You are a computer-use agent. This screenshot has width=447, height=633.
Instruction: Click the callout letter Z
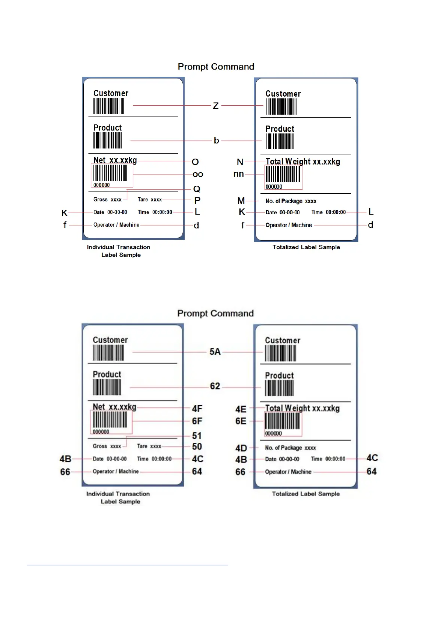[216, 106]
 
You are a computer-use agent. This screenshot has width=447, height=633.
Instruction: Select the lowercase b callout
[217, 141]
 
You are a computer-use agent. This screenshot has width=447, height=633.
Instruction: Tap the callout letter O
[195, 162]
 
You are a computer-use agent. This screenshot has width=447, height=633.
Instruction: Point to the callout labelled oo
[198, 174]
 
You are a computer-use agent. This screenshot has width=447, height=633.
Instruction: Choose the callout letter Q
[197, 189]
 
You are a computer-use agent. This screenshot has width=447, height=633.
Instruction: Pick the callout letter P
[197, 200]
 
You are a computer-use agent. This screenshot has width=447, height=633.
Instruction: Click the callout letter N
[240, 162]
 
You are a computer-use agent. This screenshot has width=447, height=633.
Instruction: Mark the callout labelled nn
[239, 174]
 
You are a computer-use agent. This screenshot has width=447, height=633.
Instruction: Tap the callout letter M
[241, 201]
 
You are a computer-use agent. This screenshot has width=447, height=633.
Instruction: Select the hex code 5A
[215, 352]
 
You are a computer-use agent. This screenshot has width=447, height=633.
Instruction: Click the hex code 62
[215, 386]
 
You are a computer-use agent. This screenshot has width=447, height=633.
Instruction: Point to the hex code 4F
[197, 409]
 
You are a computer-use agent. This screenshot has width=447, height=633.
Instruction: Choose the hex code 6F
[197, 421]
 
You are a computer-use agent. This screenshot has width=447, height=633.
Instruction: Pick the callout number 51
[197, 436]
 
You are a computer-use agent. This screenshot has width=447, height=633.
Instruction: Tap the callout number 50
[197, 447]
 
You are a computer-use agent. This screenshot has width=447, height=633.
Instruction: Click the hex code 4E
[241, 409]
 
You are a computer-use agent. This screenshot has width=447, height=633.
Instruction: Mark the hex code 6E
[241, 421]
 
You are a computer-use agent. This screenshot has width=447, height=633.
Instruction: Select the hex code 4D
[241, 448]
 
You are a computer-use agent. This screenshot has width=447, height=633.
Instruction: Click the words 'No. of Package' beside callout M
[284, 201]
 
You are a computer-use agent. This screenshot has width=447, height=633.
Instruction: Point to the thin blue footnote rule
[128, 565]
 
